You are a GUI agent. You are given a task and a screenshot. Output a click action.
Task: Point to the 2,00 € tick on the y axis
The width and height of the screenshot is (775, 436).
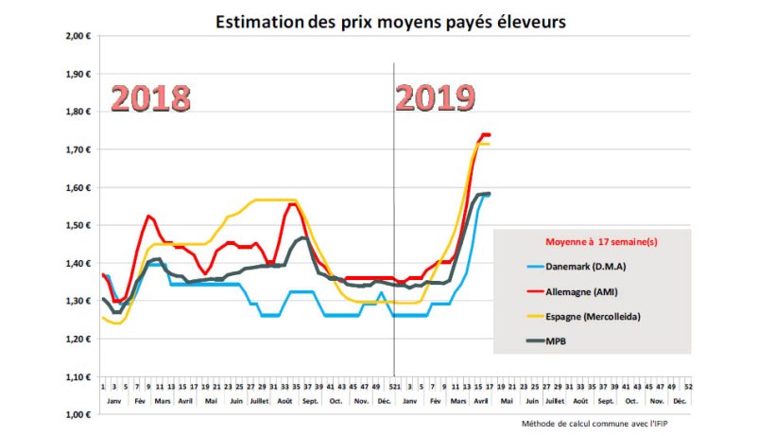coord(77,36)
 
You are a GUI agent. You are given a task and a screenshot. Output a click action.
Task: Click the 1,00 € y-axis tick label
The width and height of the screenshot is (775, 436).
coord(77,414)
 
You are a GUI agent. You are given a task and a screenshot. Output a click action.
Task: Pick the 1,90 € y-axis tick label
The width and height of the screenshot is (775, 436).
coord(77,74)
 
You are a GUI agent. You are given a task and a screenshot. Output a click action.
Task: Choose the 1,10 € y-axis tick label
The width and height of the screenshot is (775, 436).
coord(77,376)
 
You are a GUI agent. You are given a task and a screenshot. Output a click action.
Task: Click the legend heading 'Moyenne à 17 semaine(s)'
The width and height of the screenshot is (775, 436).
coord(601,241)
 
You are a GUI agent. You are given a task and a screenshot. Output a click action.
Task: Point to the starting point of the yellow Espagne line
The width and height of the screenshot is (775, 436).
coord(102,318)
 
